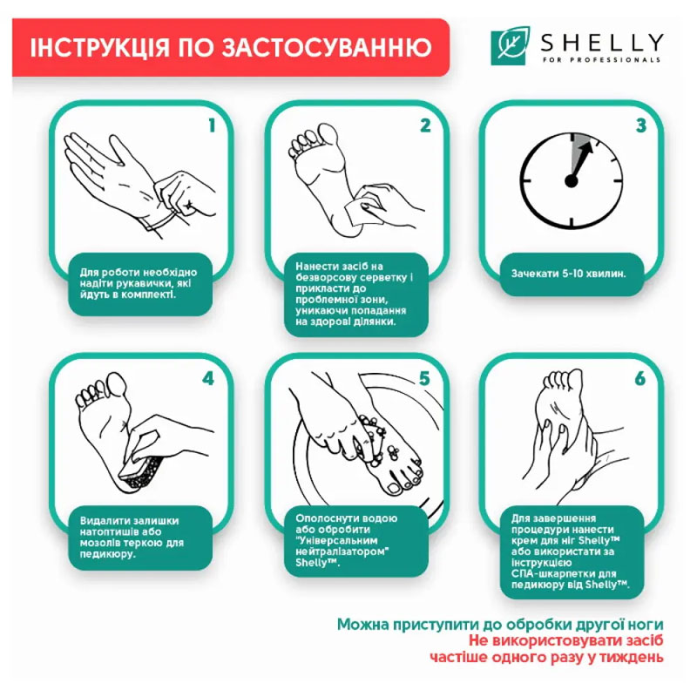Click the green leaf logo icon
(511, 45)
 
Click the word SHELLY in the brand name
(602, 43)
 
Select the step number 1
(212, 125)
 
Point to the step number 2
(425, 125)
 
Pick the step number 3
(641, 125)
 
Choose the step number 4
(208, 379)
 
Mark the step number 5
(424, 379)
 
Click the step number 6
(640, 379)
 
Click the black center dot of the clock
(572, 180)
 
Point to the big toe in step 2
(328, 137)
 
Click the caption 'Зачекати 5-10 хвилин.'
(568, 274)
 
